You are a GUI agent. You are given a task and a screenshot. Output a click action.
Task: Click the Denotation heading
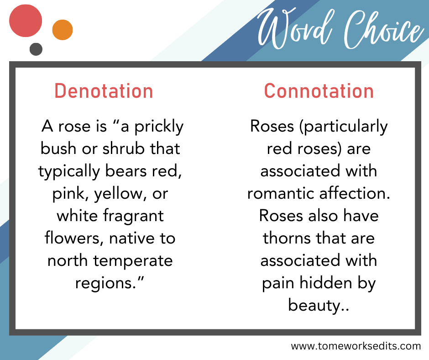click(x=104, y=91)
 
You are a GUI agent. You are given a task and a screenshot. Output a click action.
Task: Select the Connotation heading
click(x=319, y=91)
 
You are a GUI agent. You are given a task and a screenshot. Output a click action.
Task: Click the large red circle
click(x=26, y=21)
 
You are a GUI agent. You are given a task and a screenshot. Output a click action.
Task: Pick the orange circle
click(x=63, y=30)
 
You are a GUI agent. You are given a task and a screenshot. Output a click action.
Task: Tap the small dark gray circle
click(x=36, y=49)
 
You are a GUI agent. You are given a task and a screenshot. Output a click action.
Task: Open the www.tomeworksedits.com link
click(x=356, y=346)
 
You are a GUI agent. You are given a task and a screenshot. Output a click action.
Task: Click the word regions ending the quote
click(x=110, y=283)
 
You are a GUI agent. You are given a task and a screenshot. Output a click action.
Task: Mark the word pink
click(x=70, y=193)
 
